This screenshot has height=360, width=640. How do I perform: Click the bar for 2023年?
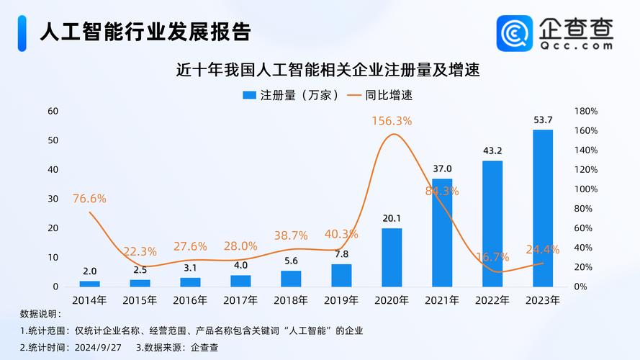[542, 208]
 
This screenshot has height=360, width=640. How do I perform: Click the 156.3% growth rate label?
[392, 121]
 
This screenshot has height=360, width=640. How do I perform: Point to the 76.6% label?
[89, 198]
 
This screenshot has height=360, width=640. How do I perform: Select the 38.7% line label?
[291, 235]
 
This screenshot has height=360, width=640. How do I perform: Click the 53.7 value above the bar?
[542, 120]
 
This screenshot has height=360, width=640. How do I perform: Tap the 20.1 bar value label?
[392, 218]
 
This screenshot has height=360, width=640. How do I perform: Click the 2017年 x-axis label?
[240, 300]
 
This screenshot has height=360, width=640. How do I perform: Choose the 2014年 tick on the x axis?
[89, 300]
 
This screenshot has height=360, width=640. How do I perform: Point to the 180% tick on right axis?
[587, 111]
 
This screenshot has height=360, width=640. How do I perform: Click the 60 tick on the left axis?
[53, 111]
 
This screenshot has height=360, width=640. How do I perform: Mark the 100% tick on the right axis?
[587, 189]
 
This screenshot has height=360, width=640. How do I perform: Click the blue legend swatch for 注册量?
[249, 95]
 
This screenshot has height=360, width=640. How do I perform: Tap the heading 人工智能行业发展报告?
[145, 32]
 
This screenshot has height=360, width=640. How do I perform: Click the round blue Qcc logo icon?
[514, 33]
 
